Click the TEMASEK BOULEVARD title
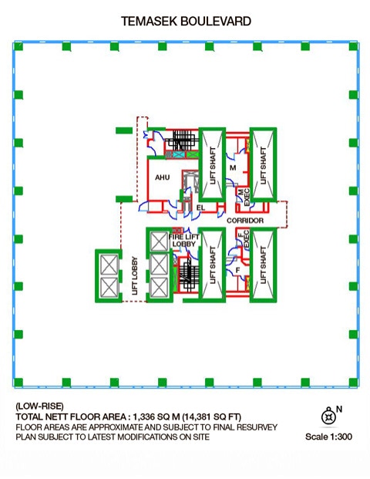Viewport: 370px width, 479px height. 186,22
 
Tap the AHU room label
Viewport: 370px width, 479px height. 162,177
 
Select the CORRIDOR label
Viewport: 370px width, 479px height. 245,221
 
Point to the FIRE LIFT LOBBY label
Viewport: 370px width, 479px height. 183,240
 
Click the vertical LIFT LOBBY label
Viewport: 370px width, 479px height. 135,276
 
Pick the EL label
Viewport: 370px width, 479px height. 200,207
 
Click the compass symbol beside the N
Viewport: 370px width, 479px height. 328,416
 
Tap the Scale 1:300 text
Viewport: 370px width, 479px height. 328,437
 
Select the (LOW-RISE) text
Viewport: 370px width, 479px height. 39,406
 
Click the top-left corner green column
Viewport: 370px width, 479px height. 18,46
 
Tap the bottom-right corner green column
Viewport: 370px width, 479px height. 353,382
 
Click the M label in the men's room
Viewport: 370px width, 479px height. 233,167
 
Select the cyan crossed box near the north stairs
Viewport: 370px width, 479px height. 177,154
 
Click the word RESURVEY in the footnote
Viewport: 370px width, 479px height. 256,427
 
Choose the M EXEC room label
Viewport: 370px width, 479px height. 244,197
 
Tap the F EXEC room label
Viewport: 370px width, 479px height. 244,238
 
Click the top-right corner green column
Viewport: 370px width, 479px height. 353,46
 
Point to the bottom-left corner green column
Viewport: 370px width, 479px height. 18,382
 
